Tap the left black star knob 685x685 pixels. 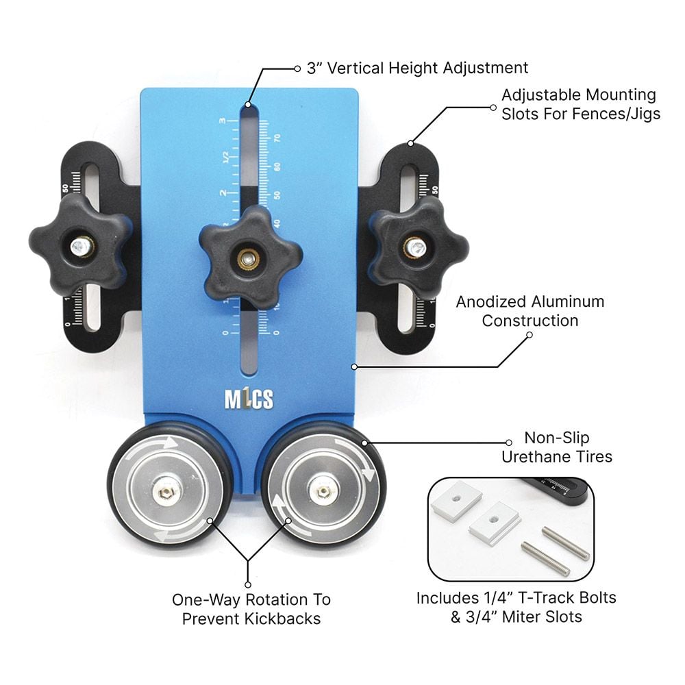(x=81, y=244)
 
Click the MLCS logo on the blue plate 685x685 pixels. (x=249, y=399)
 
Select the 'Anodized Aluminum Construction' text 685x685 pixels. (x=530, y=310)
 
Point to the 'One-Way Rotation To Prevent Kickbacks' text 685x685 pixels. (x=251, y=608)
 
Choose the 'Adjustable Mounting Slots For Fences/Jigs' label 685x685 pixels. (x=580, y=104)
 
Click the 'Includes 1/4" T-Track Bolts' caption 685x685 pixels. (x=516, y=597)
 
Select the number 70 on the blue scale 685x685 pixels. (x=277, y=138)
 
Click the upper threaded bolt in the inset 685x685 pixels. (x=566, y=543)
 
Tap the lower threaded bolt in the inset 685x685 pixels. (x=545, y=558)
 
